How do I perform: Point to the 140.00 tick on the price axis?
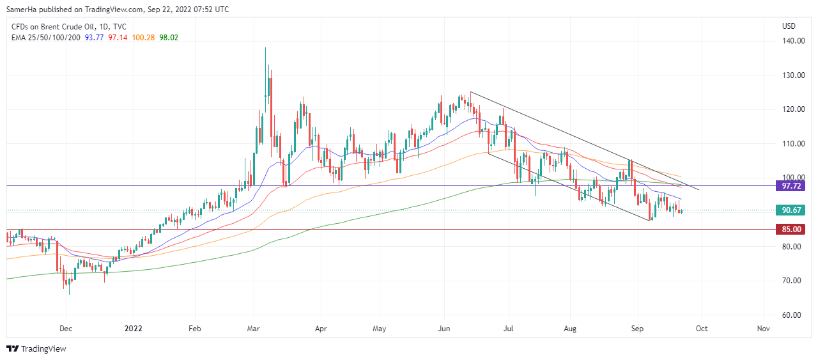(x=792, y=41)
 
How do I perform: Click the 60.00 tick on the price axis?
(x=792, y=315)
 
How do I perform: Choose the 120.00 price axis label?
(x=792, y=109)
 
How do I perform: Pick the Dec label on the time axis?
(x=66, y=329)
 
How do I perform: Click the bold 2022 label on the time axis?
(x=133, y=329)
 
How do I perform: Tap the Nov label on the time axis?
(x=763, y=329)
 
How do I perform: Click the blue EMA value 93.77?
(x=95, y=37)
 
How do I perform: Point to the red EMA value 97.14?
(x=118, y=37)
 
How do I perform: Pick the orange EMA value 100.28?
(x=143, y=37)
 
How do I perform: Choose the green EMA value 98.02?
(x=169, y=37)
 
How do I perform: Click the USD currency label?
(x=789, y=26)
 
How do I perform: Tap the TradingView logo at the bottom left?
(x=36, y=349)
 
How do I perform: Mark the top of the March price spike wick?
(x=266, y=48)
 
